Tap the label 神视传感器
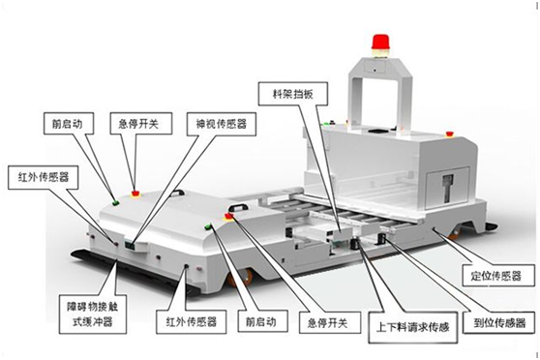coord(221,124)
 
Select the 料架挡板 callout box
coord(292,94)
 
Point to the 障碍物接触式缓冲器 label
coord(93,314)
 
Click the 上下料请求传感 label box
coord(413,327)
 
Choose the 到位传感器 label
coord(499,323)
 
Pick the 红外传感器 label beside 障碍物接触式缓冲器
coord(192,321)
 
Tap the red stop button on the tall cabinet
coord(449,134)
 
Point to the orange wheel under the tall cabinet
coord(455,233)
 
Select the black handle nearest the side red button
coord(239,207)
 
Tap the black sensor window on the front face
coord(131,245)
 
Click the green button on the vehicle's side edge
coord(208,226)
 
